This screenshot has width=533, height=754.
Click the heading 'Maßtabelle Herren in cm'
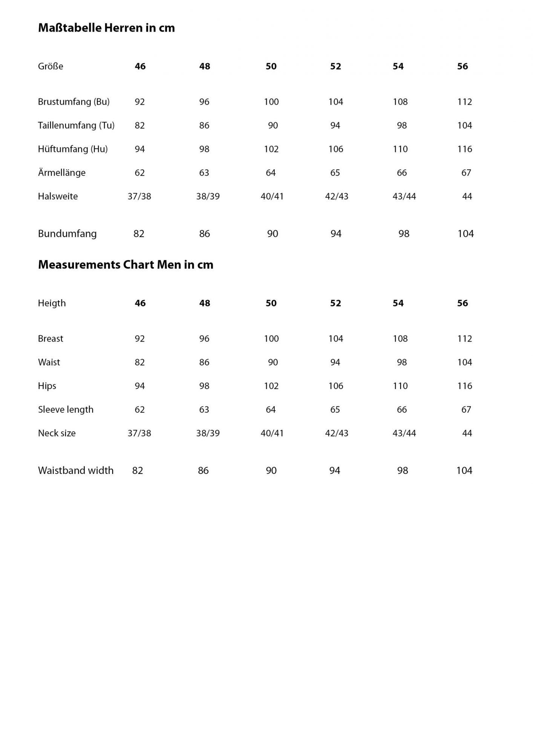click(106, 28)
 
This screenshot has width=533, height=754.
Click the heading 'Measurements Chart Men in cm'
click(126, 265)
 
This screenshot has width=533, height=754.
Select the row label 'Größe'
click(51, 66)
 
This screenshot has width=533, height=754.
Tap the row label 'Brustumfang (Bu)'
click(74, 102)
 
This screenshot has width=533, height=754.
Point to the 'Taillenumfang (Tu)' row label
click(76, 126)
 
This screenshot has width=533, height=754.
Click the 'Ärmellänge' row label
click(62, 173)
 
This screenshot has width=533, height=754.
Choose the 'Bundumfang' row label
click(67, 234)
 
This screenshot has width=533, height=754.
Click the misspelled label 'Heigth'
click(52, 303)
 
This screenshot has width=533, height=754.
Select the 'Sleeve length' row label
click(66, 409)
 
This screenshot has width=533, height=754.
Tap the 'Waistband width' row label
click(76, 470)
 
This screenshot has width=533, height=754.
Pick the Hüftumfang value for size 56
click(465, 149)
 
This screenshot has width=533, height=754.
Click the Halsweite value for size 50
click(272, 196)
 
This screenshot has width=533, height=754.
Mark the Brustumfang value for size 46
click(140, 102)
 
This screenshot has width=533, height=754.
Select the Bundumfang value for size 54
click(404, 234)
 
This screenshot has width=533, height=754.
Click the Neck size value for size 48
click(208, 433)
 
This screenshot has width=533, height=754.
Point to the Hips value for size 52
click(336, 386)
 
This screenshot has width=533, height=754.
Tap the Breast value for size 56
click(465, 339)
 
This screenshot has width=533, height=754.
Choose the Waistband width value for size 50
click(271, 470)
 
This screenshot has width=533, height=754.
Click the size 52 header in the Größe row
click(335, 66)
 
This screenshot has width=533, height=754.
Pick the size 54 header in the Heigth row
click(398, 303)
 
